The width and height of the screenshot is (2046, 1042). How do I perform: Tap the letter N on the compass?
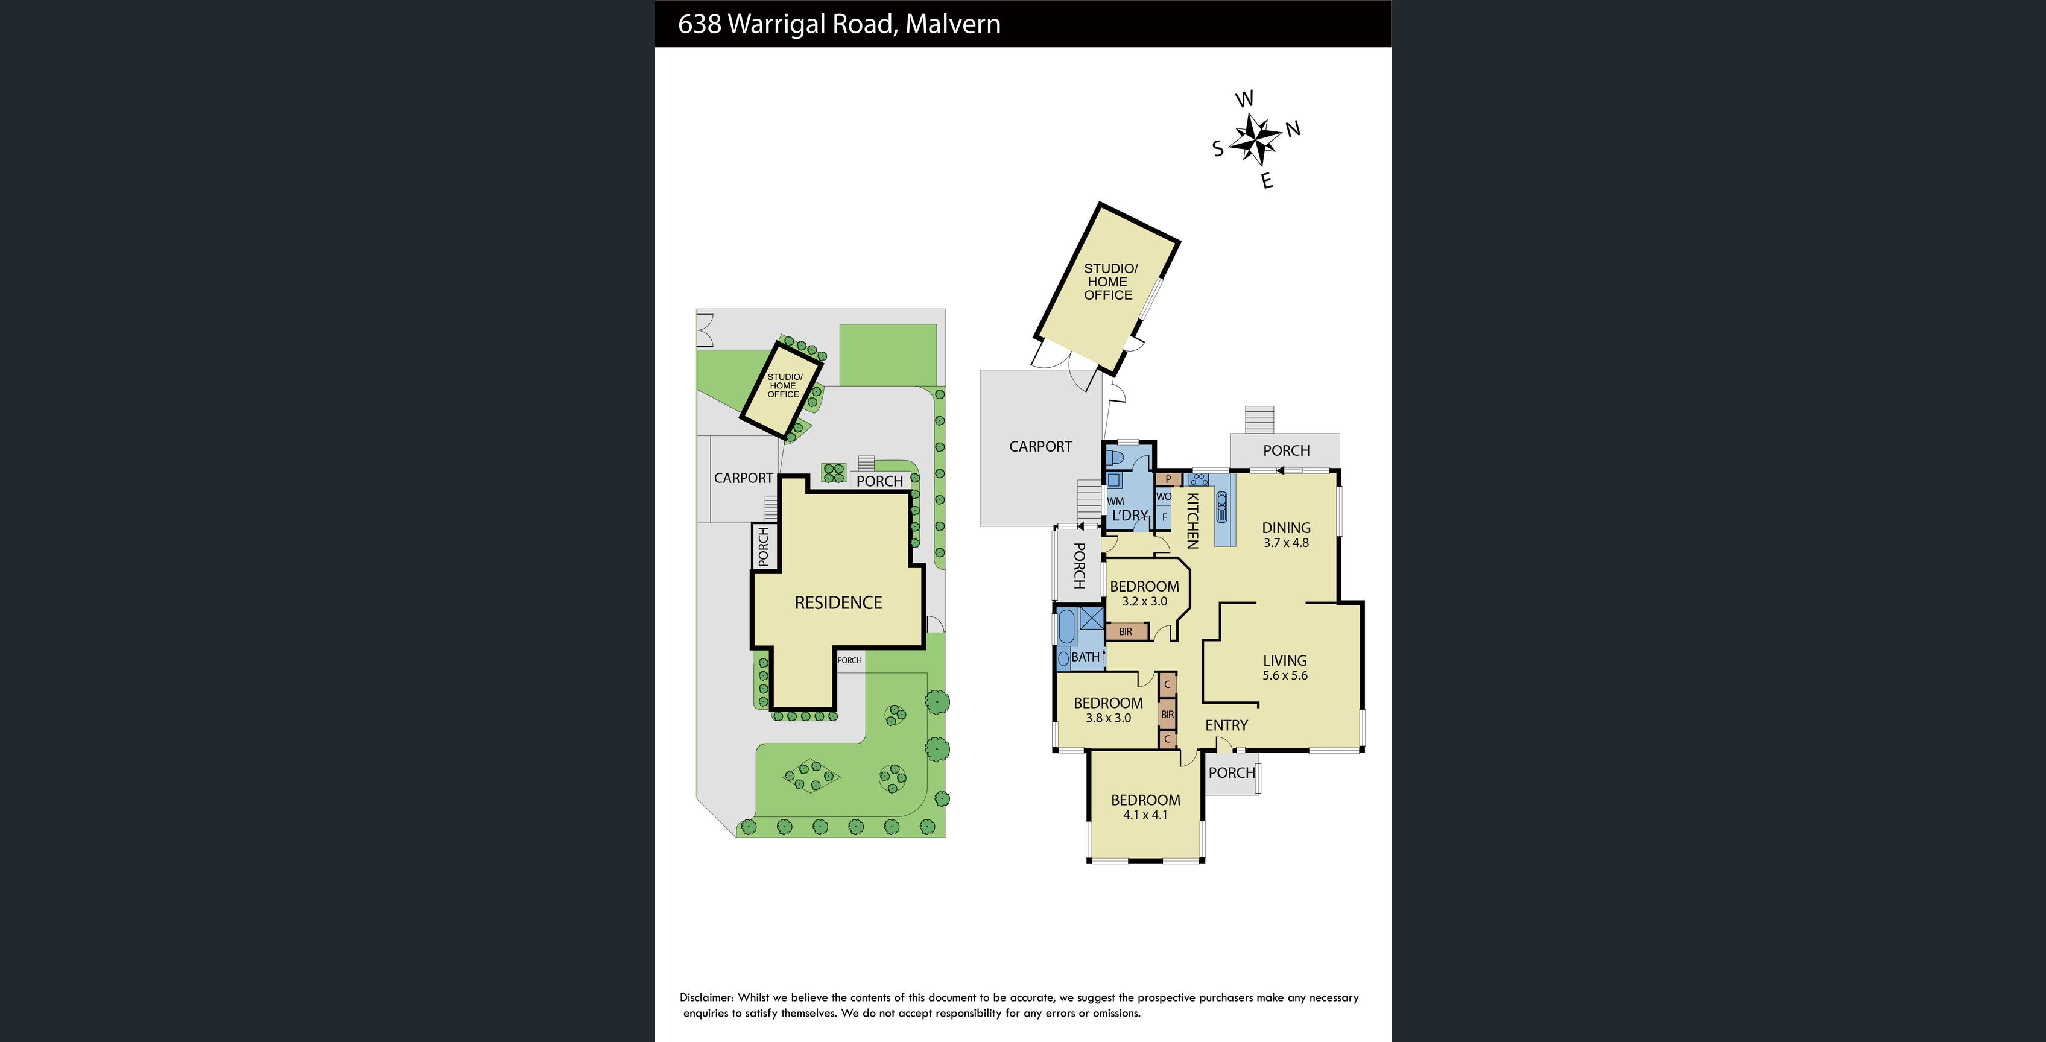pyautogui.click(x=1293, y=128)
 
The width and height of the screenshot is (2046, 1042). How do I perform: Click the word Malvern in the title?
pyautogui.click(x=952, y=24)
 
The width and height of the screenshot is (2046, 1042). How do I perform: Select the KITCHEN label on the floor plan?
pyautogui.click(x=1192, y=521)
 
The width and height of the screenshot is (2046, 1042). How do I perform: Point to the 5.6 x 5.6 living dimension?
pyautogui.click(x=1285, y=676)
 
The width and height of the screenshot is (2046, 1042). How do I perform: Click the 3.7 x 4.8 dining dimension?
pyautogui.click(x=1286, y=543)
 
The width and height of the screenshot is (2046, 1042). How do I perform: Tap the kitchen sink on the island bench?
pyautogui.click(x=1221, y=506)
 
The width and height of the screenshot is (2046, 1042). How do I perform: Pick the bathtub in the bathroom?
pyautogui.click(x=1066, y=627)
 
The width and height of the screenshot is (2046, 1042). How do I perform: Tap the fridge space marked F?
pyautogui.click(x=1164, y=517)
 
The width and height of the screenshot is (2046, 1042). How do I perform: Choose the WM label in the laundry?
pyautogui.click(x=1115, y=501)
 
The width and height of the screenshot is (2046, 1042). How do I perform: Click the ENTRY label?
pyautogui.click(x=1226, y=725)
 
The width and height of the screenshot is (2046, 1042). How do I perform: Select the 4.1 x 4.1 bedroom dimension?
pyautogui.click(x=1145, y=815)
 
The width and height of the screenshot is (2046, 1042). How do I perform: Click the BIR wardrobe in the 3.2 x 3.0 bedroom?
pyautogui.click(x=1126, y=631)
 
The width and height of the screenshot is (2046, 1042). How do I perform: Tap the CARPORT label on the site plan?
pyautogui.click(x=743, y=478)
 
